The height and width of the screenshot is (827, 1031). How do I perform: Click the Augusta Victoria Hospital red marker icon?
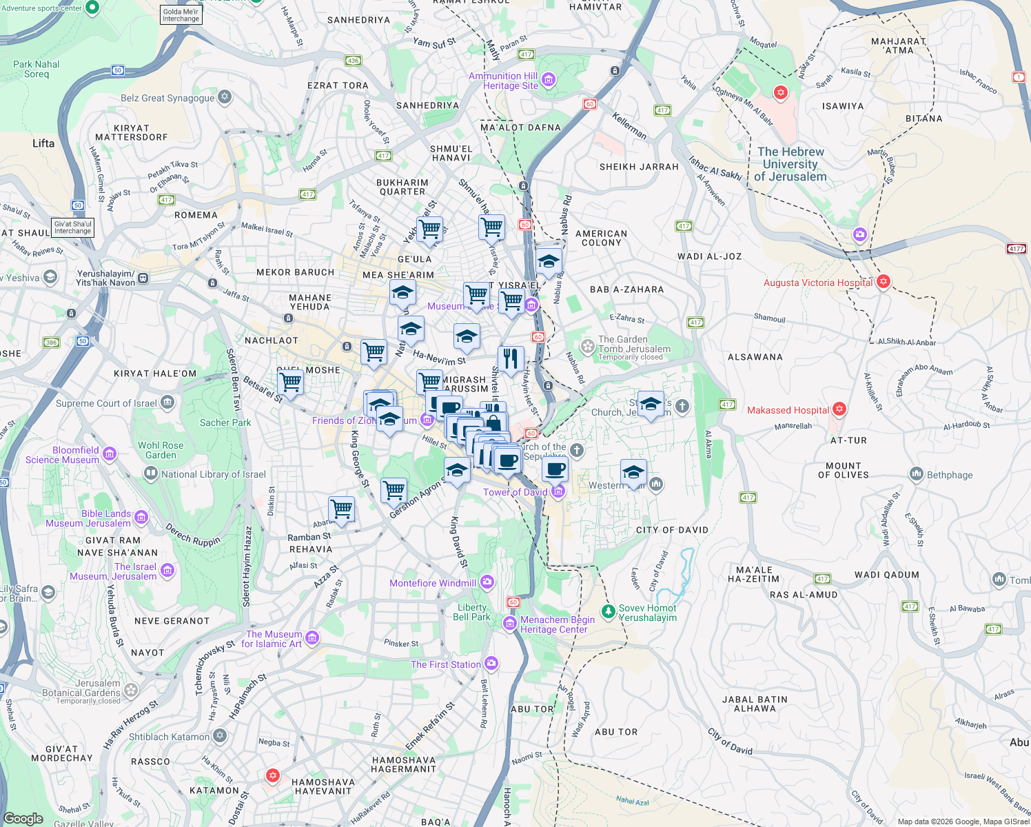point(884,282)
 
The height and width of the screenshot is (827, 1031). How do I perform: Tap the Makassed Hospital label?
point(788,410)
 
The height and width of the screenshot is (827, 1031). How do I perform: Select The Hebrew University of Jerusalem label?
point(790,164)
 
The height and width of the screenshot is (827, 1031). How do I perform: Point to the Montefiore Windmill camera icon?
point(487,582)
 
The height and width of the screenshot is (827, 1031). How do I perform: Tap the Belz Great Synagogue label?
point(167,98)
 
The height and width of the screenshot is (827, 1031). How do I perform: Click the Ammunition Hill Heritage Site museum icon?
point(549,80)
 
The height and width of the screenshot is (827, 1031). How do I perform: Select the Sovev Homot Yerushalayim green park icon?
point(608,611)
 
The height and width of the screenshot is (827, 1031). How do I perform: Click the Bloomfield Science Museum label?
point(63,455)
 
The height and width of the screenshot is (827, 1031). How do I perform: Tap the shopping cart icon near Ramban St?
point(342,509)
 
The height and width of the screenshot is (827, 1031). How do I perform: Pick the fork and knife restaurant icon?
point(511,358)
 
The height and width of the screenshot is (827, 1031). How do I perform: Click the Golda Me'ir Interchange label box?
point(181,15)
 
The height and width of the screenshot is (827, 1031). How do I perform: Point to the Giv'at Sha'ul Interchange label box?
point(73,227)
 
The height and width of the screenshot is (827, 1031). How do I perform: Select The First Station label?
point(445,664)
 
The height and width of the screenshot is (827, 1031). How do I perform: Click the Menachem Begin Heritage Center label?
point(557,624)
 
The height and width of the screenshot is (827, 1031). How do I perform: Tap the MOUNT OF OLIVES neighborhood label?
point(843,471)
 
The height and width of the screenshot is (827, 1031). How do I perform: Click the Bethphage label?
point(950,475)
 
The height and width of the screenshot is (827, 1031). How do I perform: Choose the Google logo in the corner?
point(23,819)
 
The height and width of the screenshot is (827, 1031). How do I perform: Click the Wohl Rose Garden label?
point(161,450)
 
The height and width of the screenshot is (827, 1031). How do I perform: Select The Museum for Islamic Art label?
point(273,639)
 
